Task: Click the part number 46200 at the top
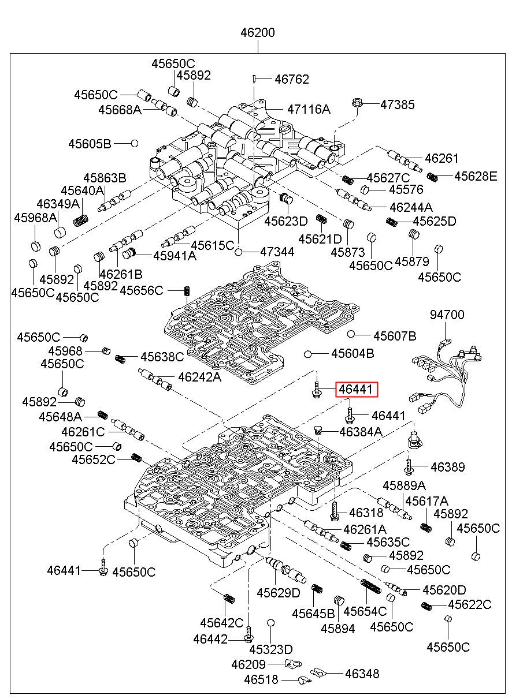tap(258, 33)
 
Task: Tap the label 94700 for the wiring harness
tap(447, 315)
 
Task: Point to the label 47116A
tap(309, 109)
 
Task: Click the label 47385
tap(397, 105)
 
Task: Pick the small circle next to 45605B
tap(134, 143)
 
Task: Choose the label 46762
tap(291, 79)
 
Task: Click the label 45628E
tap(475, 176)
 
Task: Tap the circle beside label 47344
tap(239, 252)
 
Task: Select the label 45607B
tap(395, 335)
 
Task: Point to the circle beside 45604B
tap(309, 353)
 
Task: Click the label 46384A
tap(361, 431)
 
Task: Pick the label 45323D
tap(275, 649)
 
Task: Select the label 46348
tap(362, 673)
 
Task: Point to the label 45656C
tap(142, 290)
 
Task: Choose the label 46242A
tap(199, 377)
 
